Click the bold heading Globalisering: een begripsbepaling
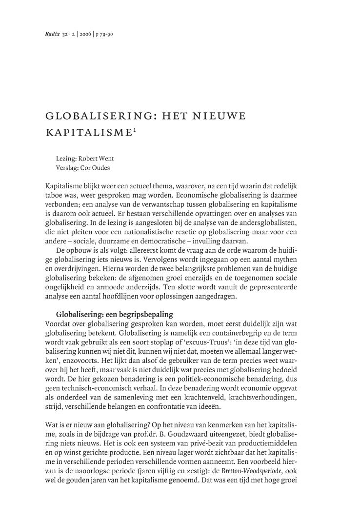(x=115, y=314)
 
